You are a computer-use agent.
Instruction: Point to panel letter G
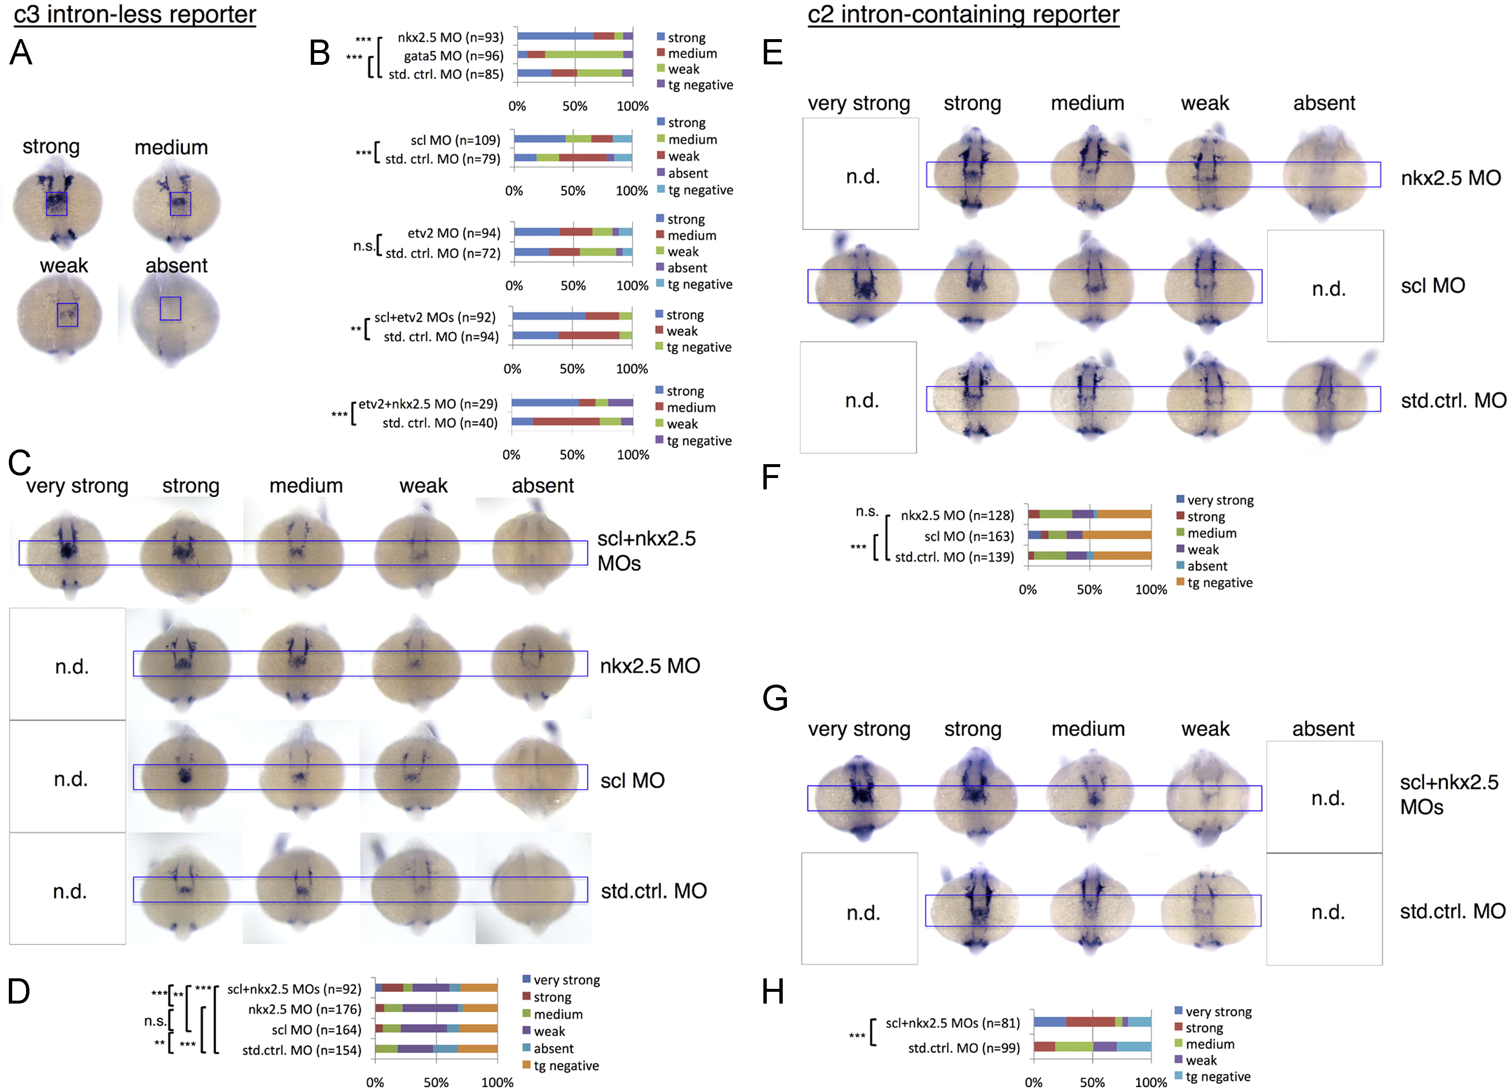[776, 698]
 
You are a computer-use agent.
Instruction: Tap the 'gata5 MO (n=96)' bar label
[454, 56]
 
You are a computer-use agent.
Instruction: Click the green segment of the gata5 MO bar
[584, 55]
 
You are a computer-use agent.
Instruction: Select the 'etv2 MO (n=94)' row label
[454, 234]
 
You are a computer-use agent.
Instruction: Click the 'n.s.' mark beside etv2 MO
[363, 246]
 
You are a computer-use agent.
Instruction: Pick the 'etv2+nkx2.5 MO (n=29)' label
[428, 404]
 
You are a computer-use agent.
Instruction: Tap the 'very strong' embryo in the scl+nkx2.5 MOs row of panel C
[67, 552]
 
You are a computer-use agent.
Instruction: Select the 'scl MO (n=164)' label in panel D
[316, 1030]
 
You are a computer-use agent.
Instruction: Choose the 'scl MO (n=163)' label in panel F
[969, 537]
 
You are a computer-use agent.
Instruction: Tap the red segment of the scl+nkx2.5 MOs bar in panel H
[1090, 1022]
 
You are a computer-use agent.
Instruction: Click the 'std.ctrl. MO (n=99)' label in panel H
[964, 1049]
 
